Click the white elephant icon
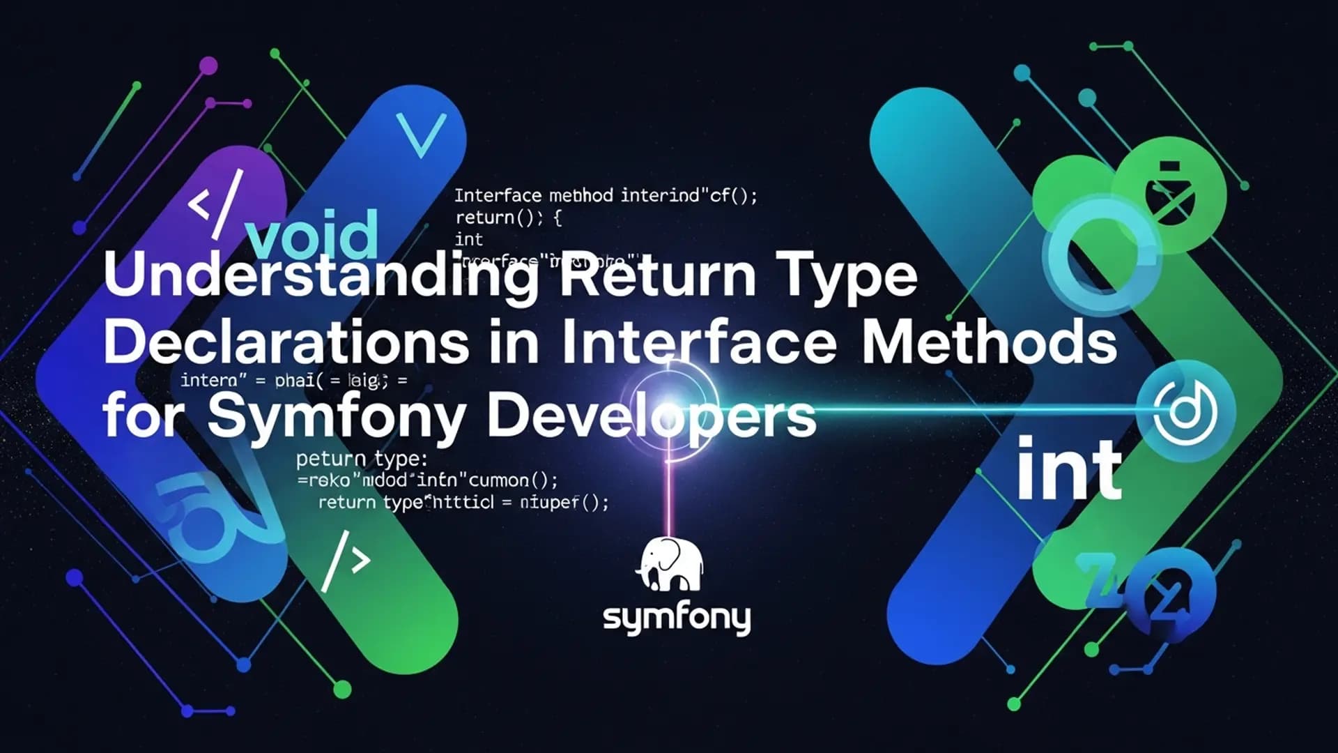(670, 565)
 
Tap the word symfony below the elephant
(676, 618)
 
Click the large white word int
(1069, 469)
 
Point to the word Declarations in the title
(286, 342)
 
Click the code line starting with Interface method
(605, 195)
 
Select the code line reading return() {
(507, 218)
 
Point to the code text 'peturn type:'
(361, 459)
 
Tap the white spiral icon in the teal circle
(1185, 410)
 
